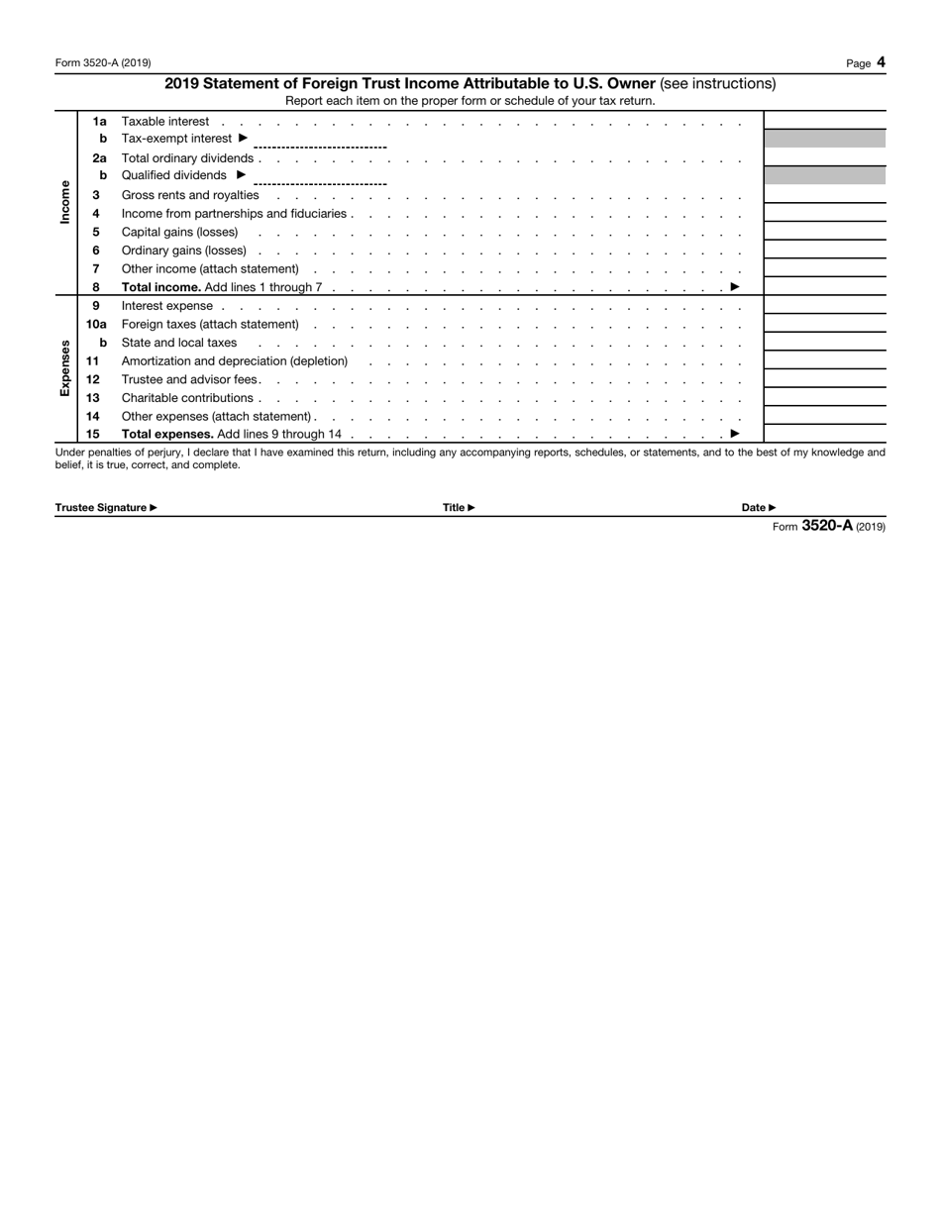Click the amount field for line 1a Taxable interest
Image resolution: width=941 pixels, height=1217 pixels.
[824, 121]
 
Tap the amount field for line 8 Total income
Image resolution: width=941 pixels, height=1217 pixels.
[824, 287]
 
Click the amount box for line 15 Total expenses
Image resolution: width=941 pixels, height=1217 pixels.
[824, 434]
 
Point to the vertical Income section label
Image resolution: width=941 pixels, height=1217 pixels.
[65, 201]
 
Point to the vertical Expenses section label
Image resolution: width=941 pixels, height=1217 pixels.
[65, 368]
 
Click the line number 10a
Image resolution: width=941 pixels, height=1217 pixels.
[96, 324]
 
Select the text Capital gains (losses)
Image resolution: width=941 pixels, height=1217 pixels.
[179, 232]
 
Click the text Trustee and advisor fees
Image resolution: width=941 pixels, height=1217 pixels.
[189, 379]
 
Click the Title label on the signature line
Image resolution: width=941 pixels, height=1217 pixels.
[458, 508]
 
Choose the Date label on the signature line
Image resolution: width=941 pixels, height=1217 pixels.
[758, 508]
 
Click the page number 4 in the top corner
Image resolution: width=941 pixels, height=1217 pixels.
[881, 62]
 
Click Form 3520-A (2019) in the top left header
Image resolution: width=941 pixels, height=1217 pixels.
[103, 63]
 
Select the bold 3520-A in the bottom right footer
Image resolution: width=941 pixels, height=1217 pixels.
[826, 526]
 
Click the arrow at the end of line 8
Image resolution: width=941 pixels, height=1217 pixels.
[735, 287]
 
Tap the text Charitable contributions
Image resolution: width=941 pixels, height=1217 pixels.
[186, 398]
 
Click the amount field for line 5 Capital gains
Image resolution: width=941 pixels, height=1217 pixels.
[824, 232]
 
